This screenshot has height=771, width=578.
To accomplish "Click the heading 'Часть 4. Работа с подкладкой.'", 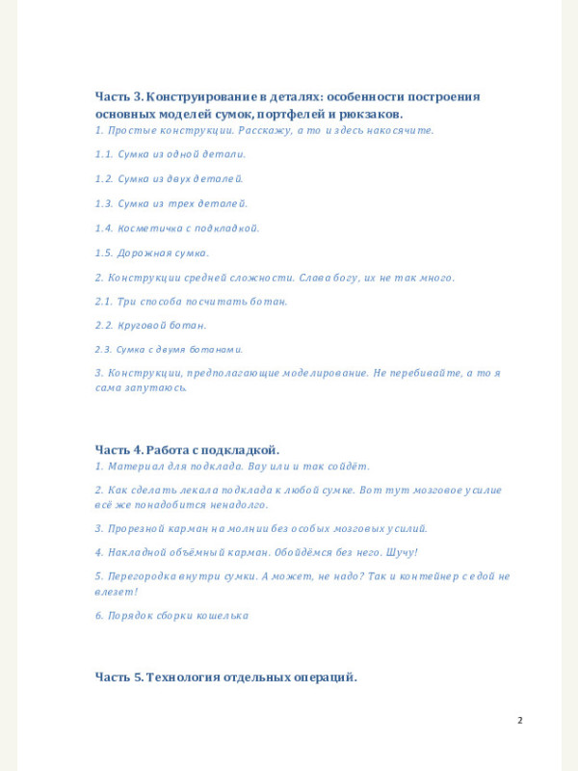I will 187,449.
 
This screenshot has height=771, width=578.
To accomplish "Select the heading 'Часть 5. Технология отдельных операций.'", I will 225,677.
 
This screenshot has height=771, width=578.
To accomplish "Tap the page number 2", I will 520,720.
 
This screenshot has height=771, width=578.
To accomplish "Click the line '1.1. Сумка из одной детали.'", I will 171,153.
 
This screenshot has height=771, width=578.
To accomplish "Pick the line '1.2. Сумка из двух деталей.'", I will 170,178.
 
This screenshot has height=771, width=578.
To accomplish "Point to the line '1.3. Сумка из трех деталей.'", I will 171,203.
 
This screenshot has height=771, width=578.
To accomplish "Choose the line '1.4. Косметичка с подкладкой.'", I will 177,228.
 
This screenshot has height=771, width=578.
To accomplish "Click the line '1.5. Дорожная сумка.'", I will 151,253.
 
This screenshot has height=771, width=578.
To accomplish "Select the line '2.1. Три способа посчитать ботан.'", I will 191,302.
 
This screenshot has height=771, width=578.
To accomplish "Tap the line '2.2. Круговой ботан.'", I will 150,326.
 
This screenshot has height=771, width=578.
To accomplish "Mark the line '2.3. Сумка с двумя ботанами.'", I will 169,350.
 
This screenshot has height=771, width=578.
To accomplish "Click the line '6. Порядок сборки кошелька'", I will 171,615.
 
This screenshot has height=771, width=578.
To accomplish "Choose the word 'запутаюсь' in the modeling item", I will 159,387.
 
